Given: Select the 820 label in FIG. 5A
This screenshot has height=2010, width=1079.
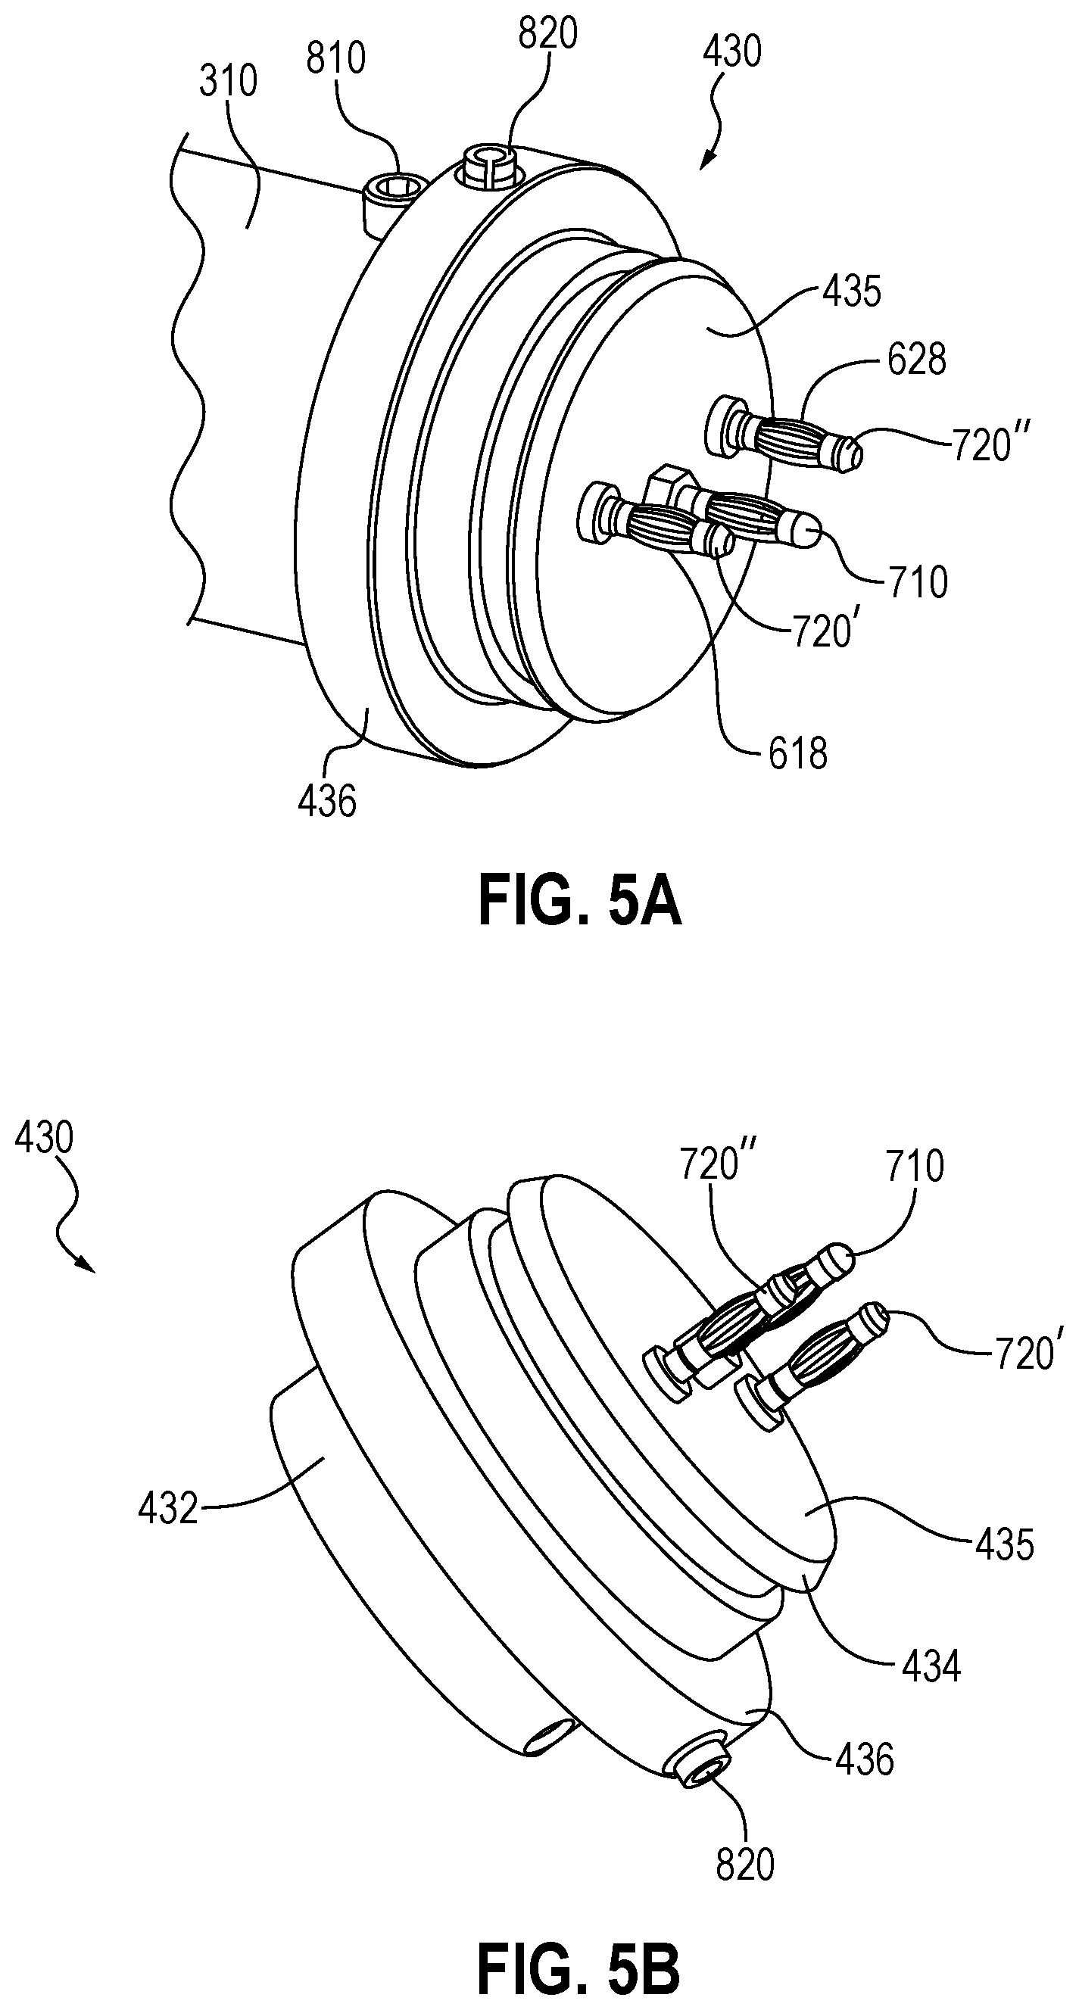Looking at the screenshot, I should click(x=547, y=34).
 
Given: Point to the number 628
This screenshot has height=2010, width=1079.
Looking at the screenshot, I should click(x=917, y=360).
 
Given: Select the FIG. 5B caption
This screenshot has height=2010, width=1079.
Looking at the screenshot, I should click(x=578, y=1970).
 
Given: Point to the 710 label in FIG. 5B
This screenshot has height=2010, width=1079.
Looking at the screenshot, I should click(x=915, y=1166).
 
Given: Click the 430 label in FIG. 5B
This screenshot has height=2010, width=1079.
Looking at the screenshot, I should click(x=45, y=1139).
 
